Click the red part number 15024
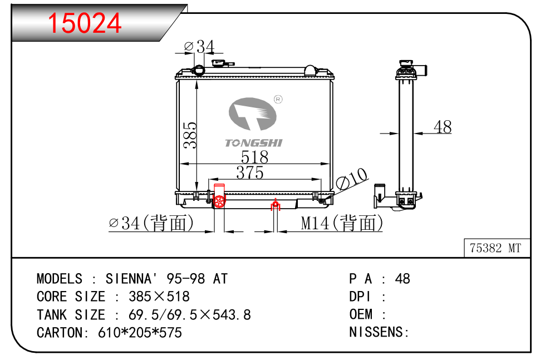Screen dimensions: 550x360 (x=85, y=23)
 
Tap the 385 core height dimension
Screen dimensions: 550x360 (x=190, y=135)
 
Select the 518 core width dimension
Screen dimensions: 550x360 (x=254, y=157)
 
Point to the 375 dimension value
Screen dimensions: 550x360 (x=250, y=172)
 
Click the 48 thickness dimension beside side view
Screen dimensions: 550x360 (x=443, y=127)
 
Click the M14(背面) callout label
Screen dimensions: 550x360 (x=342, y=223)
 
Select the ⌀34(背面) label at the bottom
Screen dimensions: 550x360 (x=151, y=223)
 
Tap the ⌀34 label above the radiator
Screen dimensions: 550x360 (x=199, y=46)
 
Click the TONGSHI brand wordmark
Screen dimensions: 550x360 (x=254, y=142)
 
